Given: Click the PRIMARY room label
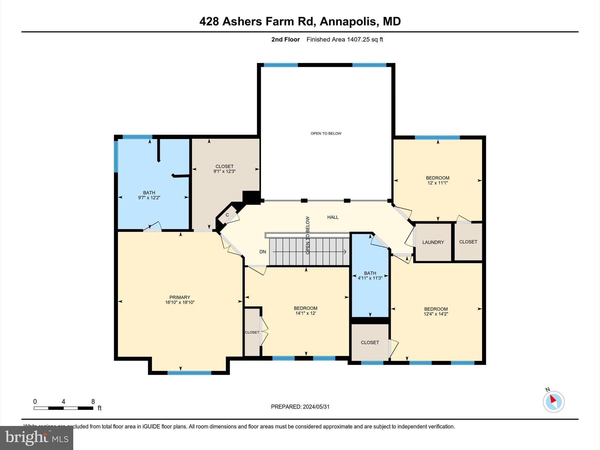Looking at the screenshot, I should coord(180,297).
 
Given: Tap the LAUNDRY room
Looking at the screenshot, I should coord(433,242).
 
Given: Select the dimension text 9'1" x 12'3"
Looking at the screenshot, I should coord(224,171).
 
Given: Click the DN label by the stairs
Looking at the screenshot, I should coord(262,252).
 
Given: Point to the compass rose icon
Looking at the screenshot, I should coord(553,402).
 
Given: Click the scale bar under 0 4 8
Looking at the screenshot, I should coord(63,408).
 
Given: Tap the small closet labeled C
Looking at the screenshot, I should coord(227,215).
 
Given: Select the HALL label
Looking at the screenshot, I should coord(333,217).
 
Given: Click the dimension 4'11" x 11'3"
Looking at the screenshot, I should coord(370,278).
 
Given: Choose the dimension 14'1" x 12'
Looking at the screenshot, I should coord(306,313).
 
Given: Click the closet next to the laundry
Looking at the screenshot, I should coord(468,242).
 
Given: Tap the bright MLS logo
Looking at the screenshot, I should coord(37,438).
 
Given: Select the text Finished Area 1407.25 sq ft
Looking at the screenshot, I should coord(345,40).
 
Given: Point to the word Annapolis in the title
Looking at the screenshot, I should coord(348,21).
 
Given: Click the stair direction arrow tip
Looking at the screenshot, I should coord(345,252).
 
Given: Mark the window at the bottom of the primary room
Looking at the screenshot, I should coord(189,373).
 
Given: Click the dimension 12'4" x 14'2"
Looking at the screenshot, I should coord(436,314).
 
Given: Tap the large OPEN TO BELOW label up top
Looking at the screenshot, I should coord(326,133).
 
